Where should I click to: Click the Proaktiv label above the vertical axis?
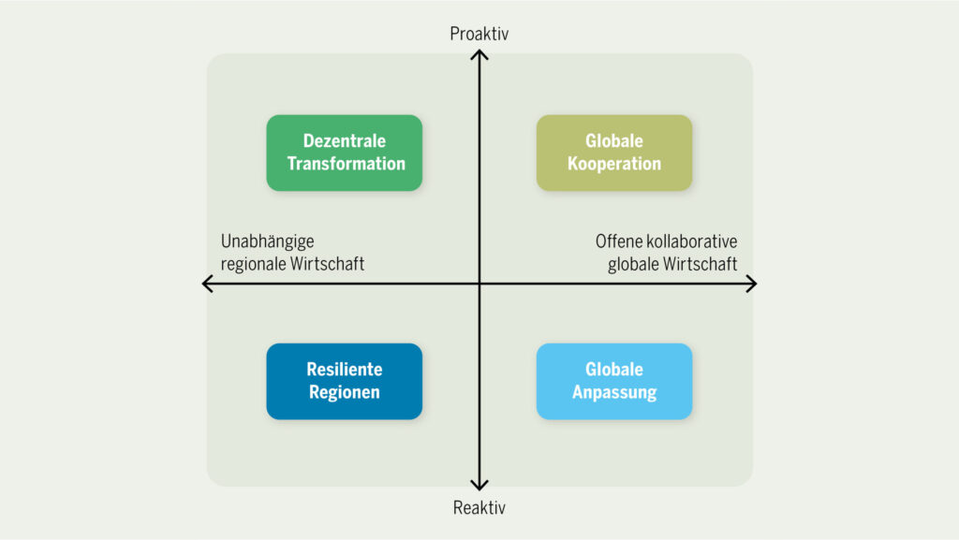coord(479,35)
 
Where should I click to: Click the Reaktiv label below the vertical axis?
coord(479,508)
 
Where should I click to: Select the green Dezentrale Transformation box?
coord(345,153)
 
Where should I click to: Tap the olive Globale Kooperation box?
coord(614,153)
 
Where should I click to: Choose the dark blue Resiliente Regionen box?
coord(345,381)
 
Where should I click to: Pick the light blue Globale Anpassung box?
coord(614,381)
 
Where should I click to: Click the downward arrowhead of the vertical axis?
coord(479,486)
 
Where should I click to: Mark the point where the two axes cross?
coord(479,284)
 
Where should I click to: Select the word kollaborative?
coord(691,241)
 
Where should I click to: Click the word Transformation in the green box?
coord(347,164)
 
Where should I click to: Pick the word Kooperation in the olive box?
coord(614,164)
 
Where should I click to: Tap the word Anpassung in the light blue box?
coord(614,392)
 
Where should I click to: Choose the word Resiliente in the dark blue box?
coord(345,370)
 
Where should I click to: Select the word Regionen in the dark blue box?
coord(345,392)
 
